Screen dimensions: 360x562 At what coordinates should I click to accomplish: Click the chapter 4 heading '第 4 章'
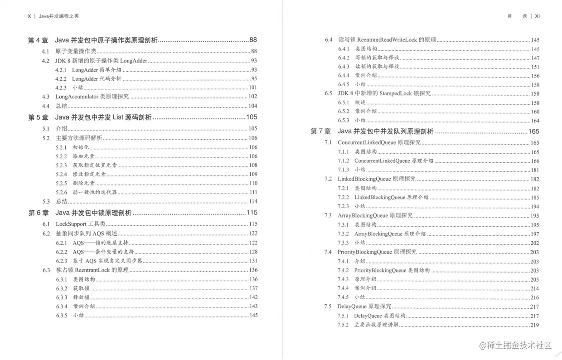[38, 40]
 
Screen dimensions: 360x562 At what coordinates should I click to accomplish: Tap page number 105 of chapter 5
[252, 117]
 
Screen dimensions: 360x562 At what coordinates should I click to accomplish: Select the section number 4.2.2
[61, 79]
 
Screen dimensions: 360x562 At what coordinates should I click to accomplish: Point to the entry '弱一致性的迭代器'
[95, 192]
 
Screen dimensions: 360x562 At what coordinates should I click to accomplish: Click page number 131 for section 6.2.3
[253, 261]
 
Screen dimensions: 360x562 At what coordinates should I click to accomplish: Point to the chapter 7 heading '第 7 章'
[320, 131]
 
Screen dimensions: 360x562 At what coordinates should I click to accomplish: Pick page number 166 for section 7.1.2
[535, 161]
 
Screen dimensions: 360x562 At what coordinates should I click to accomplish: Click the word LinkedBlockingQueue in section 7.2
[364, 179]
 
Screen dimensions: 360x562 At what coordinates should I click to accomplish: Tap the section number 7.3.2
[343, 234]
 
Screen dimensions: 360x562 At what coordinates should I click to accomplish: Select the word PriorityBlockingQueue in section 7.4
[365, 252]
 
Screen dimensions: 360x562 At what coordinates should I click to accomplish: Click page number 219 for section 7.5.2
[535, 325]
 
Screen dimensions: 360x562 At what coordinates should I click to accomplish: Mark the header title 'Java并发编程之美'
[59, 16]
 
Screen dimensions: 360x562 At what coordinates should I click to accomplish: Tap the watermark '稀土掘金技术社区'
[516, 345]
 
